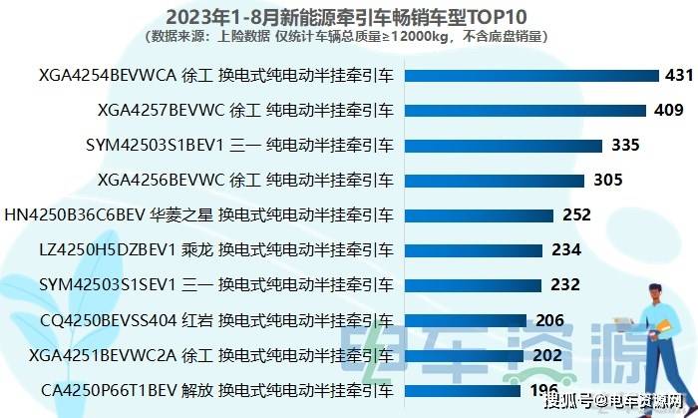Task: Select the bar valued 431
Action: (x=529, y=76)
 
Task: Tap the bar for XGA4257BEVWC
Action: (x=519, y=110)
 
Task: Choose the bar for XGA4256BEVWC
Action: (x=493, y=180)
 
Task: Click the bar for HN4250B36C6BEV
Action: (x=478, y=214)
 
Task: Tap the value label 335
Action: (x=625, y=145)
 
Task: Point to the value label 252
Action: (x=577, y=214)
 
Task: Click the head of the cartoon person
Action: (x=659, y=296)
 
